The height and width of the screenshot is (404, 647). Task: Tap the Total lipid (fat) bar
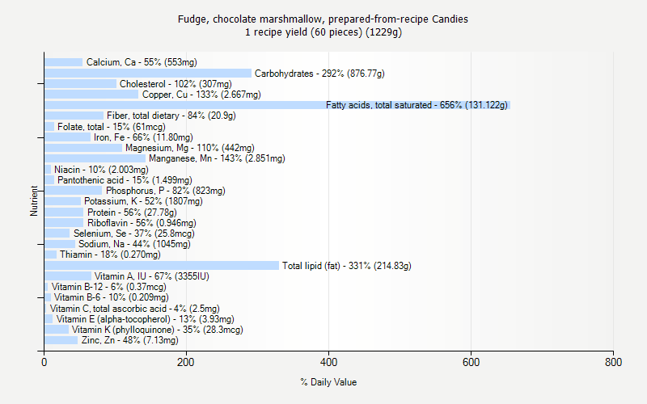tap(162, 265)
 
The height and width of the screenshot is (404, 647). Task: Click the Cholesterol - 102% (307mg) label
tap(175, 84)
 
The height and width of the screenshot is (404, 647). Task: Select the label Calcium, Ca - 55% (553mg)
tap(142, 62)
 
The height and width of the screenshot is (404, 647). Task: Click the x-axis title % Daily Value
tap(328, 382)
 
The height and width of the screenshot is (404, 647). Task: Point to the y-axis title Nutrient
tap(34, 201)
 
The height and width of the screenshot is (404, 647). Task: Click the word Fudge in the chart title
tap(192, 19)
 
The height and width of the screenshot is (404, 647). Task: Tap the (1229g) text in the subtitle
tap(383, 32)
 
